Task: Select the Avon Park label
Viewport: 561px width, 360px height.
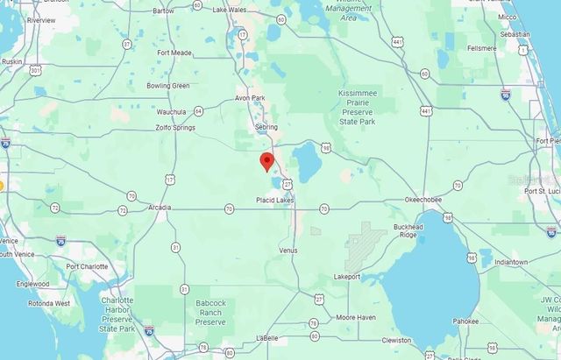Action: [251, 98]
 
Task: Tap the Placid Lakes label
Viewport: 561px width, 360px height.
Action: [274, 200]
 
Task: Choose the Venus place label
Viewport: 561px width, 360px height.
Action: [288, 250]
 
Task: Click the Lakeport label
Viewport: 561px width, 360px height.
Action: [347, 276]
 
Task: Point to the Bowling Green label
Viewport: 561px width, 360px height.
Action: [168, 86]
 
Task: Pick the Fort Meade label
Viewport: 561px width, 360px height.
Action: [174, 53]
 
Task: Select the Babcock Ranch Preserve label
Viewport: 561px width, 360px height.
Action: [210, 313]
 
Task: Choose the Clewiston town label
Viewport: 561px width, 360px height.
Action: [396, 340]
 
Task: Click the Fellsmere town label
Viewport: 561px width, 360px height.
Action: [483, 48]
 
